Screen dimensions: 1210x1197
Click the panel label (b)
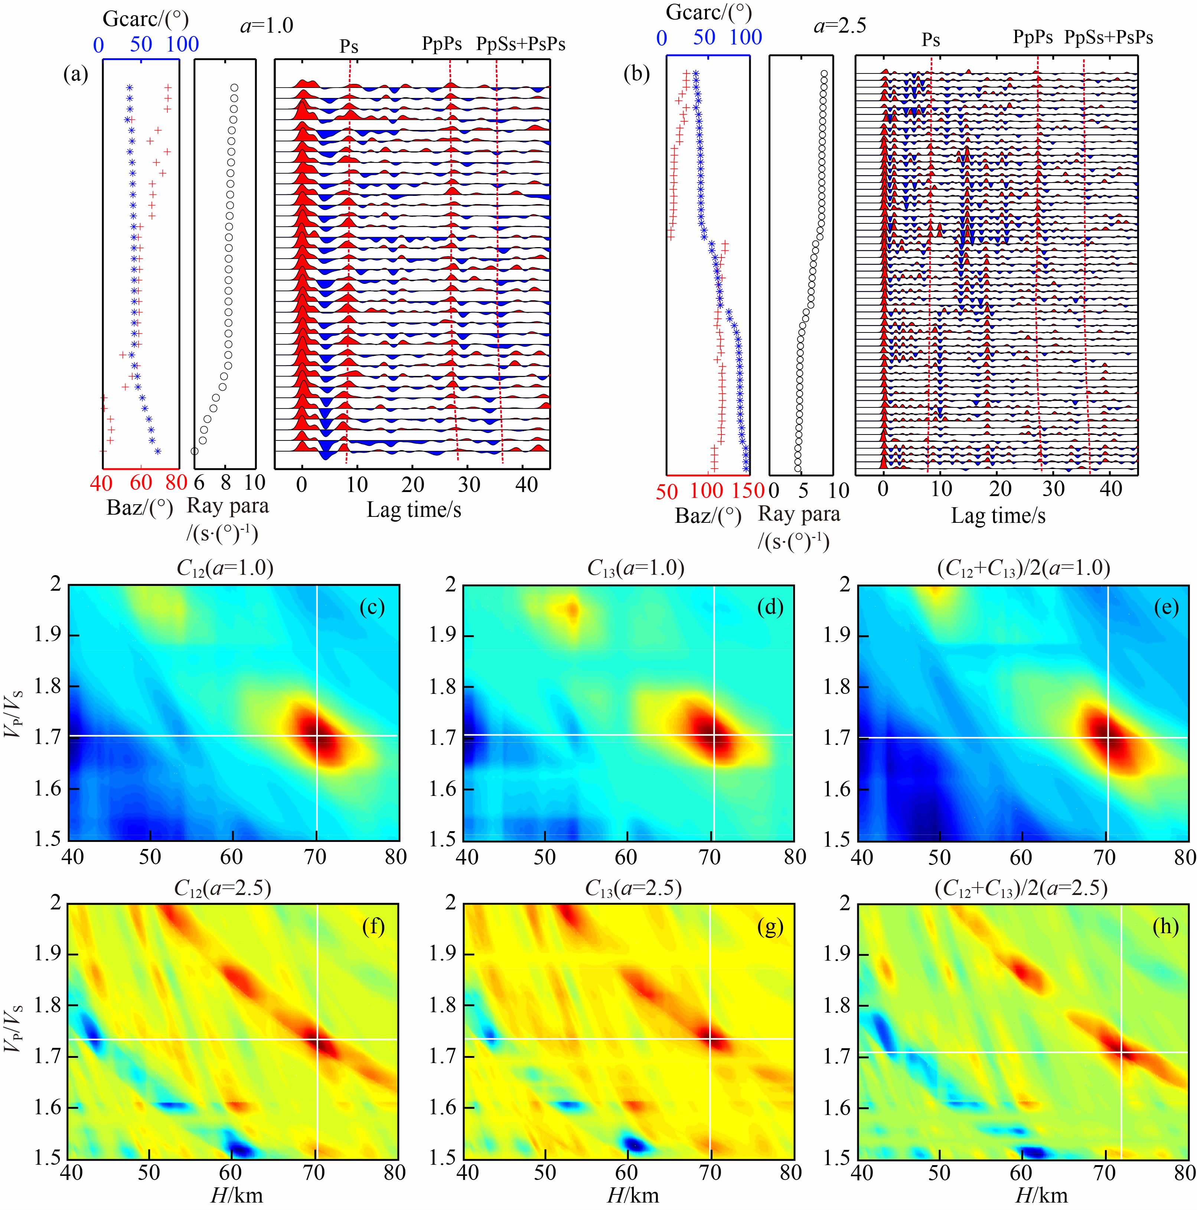(x=636, y=74)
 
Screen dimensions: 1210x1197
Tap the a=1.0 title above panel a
(x=266, y=26)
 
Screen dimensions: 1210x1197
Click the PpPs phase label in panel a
(x=442, y=44)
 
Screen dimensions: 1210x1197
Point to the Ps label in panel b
(x=931, y=40)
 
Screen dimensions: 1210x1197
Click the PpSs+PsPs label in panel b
(x=1109, y=37)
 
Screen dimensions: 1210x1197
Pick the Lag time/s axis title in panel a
(x=414, y=510)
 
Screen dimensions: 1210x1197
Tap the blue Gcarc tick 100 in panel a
(x=182, y=45)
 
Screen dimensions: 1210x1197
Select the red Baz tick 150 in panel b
(x=748, y=491)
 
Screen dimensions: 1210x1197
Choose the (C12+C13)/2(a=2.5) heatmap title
(x=1021, y=888)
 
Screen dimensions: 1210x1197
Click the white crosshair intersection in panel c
(x=317, y=735)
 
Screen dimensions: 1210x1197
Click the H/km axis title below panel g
(x=633, y=1195)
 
